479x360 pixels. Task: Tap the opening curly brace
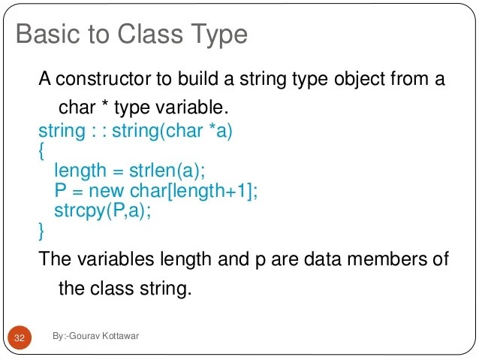[41, 150]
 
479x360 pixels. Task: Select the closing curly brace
[41, 228]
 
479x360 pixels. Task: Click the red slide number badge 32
[19, 338]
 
